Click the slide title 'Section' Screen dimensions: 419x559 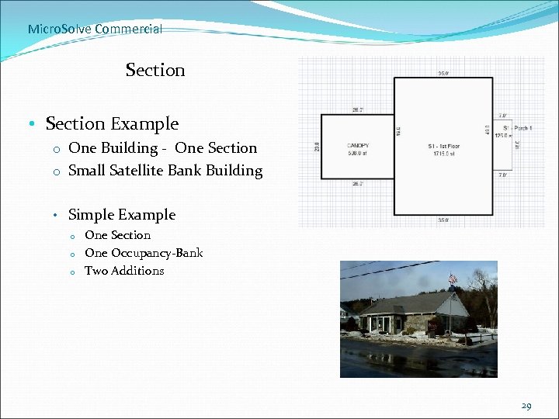pos(155,70)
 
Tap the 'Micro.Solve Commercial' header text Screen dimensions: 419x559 pos(95,29)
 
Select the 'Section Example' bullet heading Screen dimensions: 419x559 pos(112,123)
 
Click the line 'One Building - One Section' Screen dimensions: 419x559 pos(162,147)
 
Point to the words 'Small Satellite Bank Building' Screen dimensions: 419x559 pos(165,170)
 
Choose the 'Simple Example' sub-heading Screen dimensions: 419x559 pos(122,214)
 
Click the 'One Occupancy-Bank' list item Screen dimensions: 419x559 pos(144,252)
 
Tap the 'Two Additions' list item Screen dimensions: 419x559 pos(124,270)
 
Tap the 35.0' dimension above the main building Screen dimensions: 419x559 pos(443,74)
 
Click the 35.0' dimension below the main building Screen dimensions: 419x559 pos(443,220)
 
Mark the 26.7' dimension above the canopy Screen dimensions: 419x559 pos(358,110)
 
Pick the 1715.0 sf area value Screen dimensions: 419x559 pos(443,153)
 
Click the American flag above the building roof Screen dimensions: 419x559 pos(453,278)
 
